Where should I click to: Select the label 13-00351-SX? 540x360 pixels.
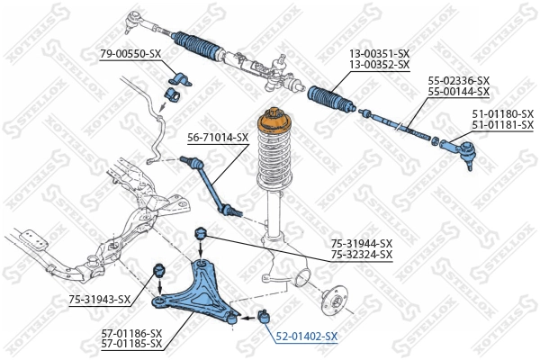[379, 54]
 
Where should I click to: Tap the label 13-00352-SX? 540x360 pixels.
[379, 65]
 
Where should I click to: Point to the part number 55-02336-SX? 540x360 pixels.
[459, 81]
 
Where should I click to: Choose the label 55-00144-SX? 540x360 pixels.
[459, 92]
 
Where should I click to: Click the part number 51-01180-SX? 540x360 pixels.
[502, 113]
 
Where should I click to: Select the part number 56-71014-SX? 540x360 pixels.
[218, 138]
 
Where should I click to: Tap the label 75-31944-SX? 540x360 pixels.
[362, 243]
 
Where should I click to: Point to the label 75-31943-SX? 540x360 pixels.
[99, 300]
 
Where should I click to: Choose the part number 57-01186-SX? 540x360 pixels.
[131, 333]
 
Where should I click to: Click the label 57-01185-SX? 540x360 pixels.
[131, 344]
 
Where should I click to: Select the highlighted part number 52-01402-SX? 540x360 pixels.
[307, 337]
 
